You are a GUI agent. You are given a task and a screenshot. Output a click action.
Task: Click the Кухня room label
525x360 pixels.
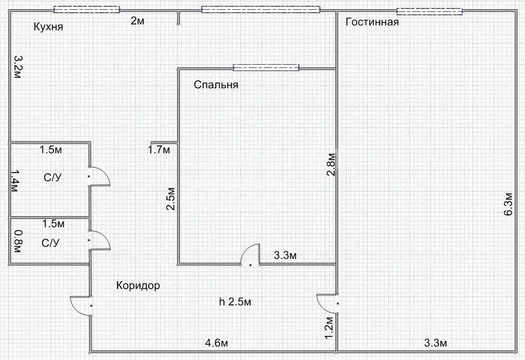(48, 27)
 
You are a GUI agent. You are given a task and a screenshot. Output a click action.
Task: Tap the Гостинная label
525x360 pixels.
(372, 22)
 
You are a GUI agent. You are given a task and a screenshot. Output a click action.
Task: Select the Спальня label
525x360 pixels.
(216, 85)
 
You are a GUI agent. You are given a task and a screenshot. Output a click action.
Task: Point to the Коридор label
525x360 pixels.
(138, 286)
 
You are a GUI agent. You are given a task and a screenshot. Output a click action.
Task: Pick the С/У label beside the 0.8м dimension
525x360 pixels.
(50, 242)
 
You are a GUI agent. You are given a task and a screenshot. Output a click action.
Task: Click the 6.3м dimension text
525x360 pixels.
(508, 205)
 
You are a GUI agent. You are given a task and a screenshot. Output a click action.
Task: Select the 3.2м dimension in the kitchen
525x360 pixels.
(17, 67)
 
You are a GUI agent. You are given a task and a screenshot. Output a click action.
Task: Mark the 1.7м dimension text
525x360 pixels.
(158, 150)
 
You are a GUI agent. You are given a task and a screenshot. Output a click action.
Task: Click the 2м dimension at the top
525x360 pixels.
(137, 21)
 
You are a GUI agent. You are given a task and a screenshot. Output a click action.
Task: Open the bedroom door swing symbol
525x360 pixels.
(250, 255)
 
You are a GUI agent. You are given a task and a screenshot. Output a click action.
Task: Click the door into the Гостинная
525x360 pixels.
(328, 302)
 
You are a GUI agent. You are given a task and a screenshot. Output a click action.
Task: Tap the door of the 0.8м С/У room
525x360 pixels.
(98, 240)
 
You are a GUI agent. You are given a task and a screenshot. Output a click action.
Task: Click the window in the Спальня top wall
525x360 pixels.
(266, 67)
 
